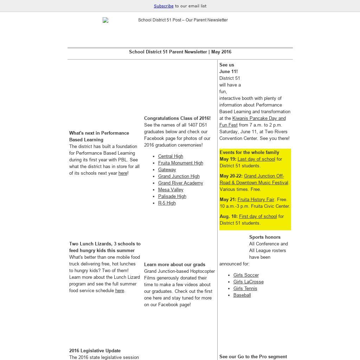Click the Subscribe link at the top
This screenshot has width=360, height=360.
pyautogui.click(x=163, y=6)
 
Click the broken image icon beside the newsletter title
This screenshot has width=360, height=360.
pyautogui.click(x=105, y=20)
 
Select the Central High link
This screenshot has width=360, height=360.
pyautogui.click(x=171, y=156)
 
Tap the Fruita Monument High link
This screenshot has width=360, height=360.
pyautogui.click(x=180, y=163)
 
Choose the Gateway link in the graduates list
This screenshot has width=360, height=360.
pyautogui.click(x=167, y=169)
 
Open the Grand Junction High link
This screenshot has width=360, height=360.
pyautogui.click(x=179, y=176)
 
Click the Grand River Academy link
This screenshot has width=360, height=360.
pyautogui.click(x=180, y=183)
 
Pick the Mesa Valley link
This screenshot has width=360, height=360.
pyautogui.click(x=171, y=189)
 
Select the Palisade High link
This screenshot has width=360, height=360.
pyautogui.click(x=172, y=196)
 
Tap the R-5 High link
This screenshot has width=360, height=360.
pyautogui.click(x=167, y=203)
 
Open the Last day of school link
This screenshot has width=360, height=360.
pyautogui.click(x=256, y=159)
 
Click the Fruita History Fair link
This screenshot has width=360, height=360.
pyautogui.click(x=256, y=199)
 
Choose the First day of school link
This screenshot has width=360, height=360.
pyautogui.click(x=258, y=216)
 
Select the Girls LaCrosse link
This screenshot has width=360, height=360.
pyautogui.click(x=248, y=282)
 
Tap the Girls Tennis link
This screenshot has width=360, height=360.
pyautogui.click(x=245, y=288)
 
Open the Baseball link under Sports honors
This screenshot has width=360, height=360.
pyautogui.click(x=242, y=295)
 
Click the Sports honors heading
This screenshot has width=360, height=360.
pyautogui.click(x=265, y=237)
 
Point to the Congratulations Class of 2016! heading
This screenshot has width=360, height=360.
pyautogui.click(x=177, y=118)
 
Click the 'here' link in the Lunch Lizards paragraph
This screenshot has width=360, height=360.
pyautogui.click(x=120, y=290)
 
